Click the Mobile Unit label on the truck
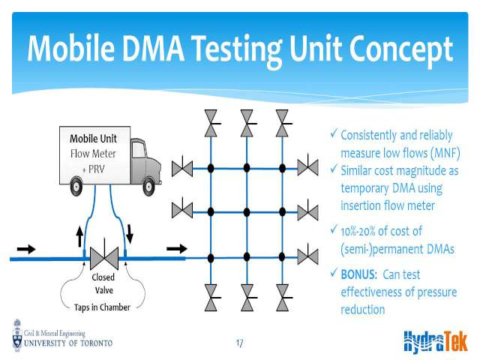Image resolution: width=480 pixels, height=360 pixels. click(93, 139)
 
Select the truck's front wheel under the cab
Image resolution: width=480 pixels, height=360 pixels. click(148, 186)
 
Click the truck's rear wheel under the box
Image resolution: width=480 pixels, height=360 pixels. click(76, 186)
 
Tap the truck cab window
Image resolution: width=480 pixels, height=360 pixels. click(138, 150)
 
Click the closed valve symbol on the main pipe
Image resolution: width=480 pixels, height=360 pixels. click(104, 256)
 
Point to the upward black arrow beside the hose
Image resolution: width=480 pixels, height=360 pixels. click(79, 236)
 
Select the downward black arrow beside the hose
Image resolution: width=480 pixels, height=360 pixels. click(130, 234)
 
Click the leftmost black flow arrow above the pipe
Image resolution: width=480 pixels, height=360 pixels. click(26, 249)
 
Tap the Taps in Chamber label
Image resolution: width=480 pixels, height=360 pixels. click(102, 307)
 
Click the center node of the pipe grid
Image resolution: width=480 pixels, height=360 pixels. click(247, 211)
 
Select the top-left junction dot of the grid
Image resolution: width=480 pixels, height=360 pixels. click(211, 168)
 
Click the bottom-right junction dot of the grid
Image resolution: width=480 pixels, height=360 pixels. click(282, 257)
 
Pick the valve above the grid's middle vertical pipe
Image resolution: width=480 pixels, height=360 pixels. click(247, 123)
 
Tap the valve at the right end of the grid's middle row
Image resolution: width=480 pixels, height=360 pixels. click(307, 211)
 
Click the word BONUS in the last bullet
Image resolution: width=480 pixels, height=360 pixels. click(358, 274)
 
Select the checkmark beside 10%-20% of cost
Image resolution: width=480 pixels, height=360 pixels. click(334, 229)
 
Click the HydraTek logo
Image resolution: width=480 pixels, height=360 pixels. click(436, 340)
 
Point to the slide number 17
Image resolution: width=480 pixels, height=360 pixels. click(239, 343)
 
